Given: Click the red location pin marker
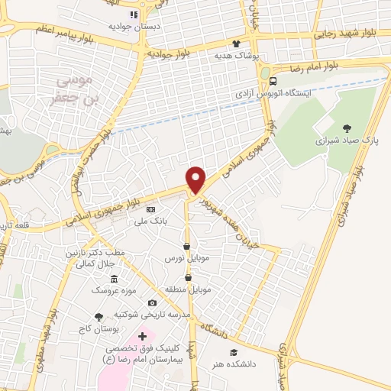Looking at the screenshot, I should coord(196,179).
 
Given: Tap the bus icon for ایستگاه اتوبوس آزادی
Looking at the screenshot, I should coord(272,80).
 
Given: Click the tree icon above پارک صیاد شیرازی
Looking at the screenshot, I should coord(347,128).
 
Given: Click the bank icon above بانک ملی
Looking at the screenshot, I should coord(150,208).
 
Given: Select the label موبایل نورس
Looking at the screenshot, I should coord(187,259).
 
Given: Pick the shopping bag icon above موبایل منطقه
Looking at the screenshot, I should coord(187,277).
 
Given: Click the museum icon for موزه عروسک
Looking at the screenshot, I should coord(114,279).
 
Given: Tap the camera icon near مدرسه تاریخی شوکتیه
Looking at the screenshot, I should coord(152,303).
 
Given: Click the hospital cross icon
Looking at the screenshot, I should coord(142,336).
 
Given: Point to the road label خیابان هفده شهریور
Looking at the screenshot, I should coord(227,214).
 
